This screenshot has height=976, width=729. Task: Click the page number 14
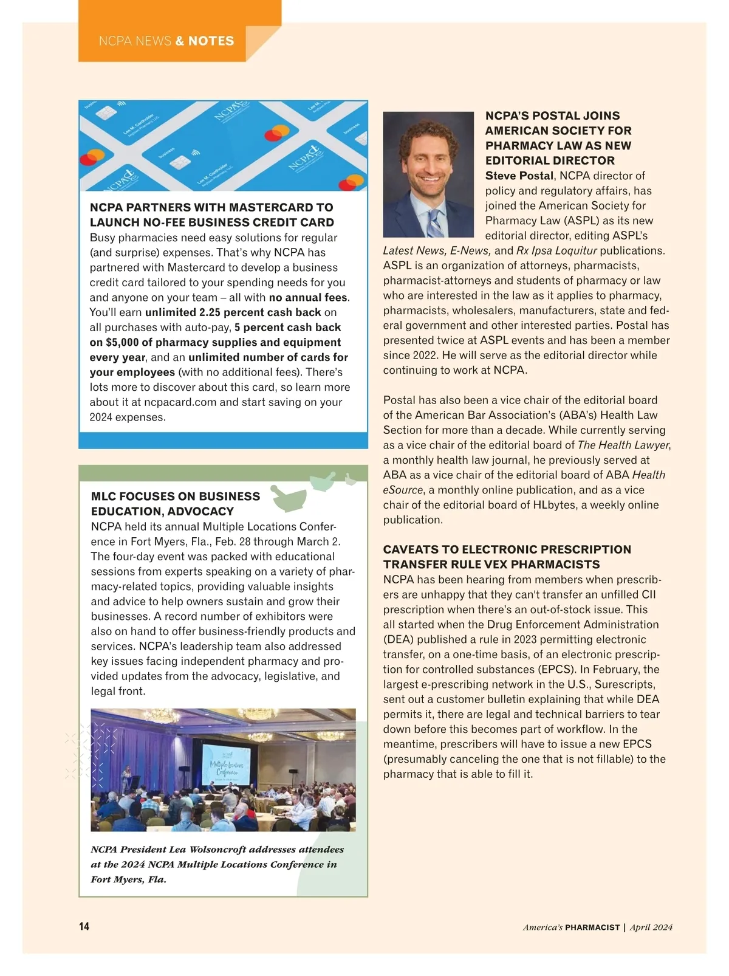[x=84, y=926]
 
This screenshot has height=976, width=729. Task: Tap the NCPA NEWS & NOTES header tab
[x=166, y=41]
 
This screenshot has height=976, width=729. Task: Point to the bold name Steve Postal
[x=519, y=176]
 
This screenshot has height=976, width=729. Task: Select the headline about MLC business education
[x=176, y=504]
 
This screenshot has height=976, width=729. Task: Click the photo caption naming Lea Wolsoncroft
[x=217, y=864]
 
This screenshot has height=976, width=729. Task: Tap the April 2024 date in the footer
[x=651, y=927]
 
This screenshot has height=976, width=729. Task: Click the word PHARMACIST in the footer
[x=592, y=927]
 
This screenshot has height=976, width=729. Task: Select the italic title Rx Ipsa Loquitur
[x=556, y=250]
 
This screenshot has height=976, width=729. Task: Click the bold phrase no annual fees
[x=309, y=298]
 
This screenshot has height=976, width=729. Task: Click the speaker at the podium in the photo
[x=126, y=775]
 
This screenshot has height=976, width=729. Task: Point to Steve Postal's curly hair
[x=428, y=130]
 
